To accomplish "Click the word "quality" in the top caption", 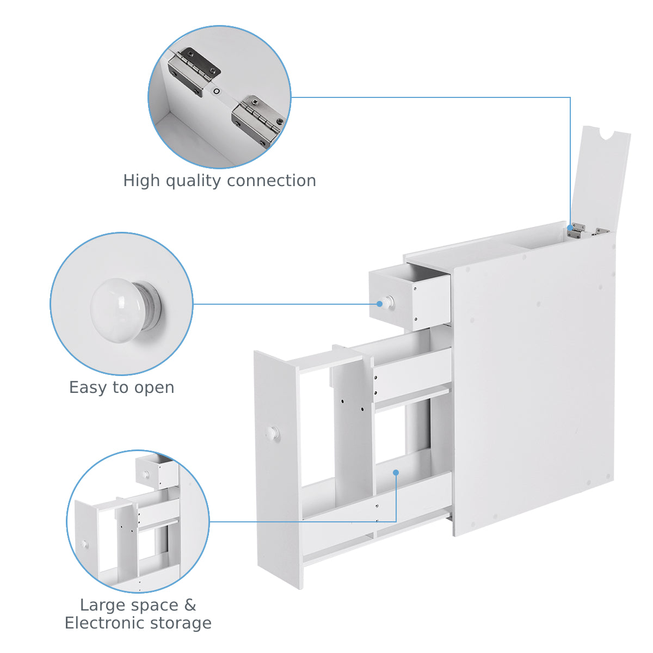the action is pyautogui.click(x=193, y=181).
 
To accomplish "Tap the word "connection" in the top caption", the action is pyautogui.click(x=272, y=181).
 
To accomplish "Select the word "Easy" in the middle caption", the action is pyautogui.click(x=88, y=388).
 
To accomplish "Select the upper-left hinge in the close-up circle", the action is pyautogui.click(x=194, y=71).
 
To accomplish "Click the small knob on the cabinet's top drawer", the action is pyautogui.click(x=387, y=301).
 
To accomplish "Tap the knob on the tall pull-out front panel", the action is pyautogui.click(x=273, y=433).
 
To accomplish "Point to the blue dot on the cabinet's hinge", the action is pyautogui.click(x=570, y=227).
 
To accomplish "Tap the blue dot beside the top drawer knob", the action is pyautogui.click(x=379, y=304).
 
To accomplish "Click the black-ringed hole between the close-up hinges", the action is pyautogui.click(x=216, y=91).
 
